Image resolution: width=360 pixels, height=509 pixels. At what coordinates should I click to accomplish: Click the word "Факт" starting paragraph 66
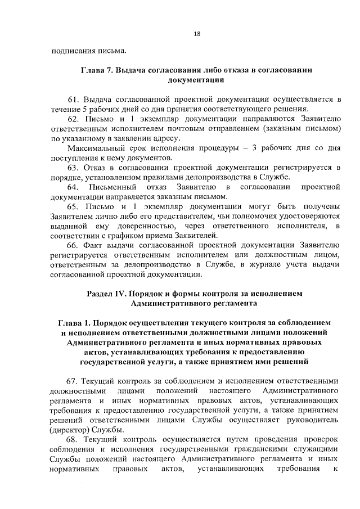click(93, 246)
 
